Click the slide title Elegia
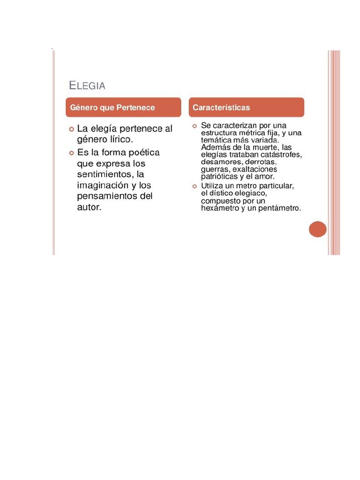87,85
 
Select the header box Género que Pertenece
123,107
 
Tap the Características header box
247,107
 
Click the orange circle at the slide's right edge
317,229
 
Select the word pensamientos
107,196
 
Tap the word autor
89,207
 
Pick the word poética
143,152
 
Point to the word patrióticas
222,177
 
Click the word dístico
223,193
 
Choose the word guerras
215,169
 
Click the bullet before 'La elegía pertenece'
71,129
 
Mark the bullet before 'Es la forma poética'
71,153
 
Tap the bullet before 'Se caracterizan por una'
195,126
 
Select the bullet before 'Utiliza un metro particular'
195,186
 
